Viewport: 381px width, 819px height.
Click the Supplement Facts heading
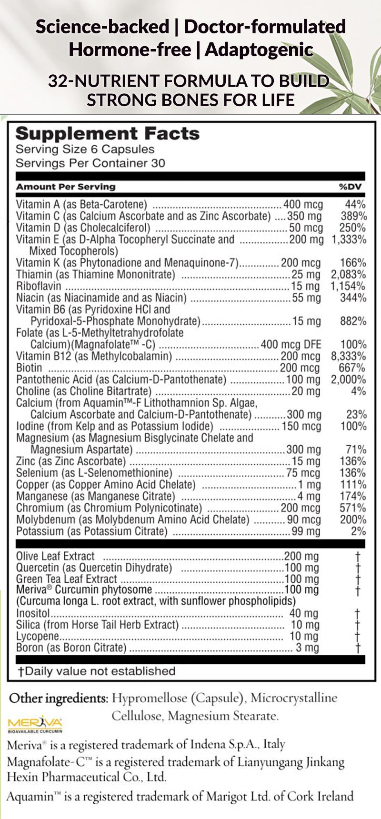(x=108, y=133)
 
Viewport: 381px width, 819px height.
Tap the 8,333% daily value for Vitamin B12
(x=348, y=356)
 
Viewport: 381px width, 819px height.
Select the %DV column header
(x=350, y=187)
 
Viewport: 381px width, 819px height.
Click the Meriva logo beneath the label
(x=35, y=724)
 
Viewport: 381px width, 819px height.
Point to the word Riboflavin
(x=39, y=286)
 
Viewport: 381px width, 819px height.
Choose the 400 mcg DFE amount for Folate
(x=291, y=344)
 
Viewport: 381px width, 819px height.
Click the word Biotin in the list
(x=29, y=368)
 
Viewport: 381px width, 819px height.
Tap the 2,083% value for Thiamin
(x=348, y=274)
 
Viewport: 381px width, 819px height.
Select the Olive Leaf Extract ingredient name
(x=55, y=556)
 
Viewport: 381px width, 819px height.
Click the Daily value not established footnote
(x=97, y=671)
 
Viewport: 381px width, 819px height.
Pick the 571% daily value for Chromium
(x=352, y=508)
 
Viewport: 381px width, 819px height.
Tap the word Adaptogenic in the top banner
(x=259, y=50)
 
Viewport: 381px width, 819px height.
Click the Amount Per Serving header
(x=66, y=187)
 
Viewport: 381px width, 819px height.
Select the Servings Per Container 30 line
(x=90, y=163)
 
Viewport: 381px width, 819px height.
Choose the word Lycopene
(x=38, y=636)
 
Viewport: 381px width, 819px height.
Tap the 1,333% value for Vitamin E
(x=348, y=240)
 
